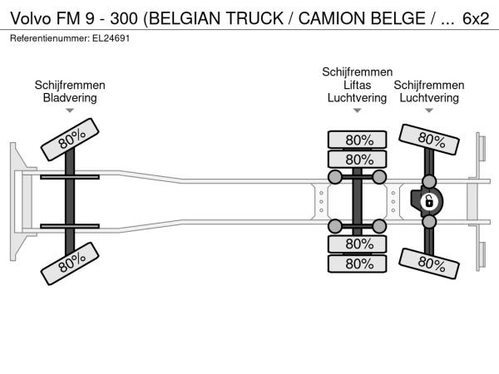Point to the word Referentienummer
click(47, 39)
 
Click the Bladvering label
click(70, 97)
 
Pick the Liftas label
click(358, 85)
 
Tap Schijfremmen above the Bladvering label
click(70, 85)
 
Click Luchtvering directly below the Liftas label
click(358, 97)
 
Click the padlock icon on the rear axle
click(429, 201)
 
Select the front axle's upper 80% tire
click(72, 139)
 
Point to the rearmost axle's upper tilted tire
click(430, 138)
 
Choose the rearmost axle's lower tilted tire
click(430, 263)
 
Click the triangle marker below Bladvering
click(70, 111)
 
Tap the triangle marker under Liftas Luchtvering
click(358, 111)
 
